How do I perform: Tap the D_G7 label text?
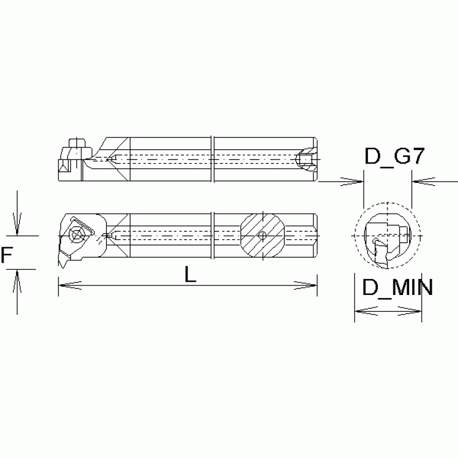click(394, 158)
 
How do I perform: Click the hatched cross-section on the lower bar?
click(262, 235)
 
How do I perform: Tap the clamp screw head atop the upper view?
click(76, 143)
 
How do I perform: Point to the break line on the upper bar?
click(213, 159)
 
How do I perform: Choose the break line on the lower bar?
click(213, 235)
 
